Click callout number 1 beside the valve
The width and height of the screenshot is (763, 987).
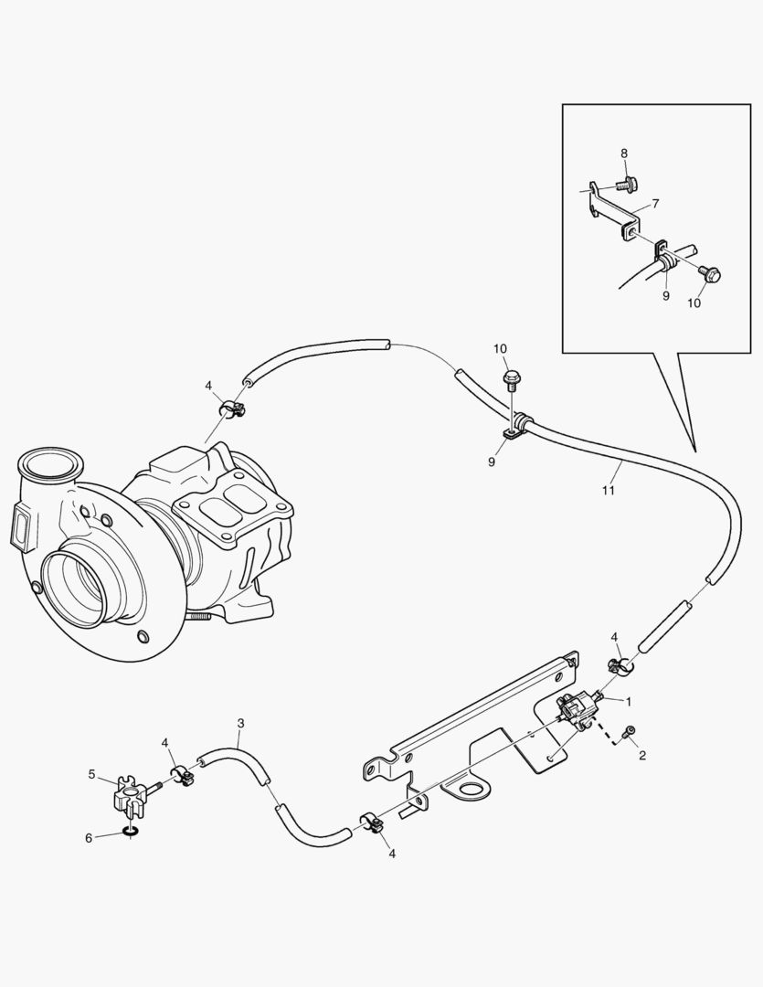pyautogui.click(x=629, y=700)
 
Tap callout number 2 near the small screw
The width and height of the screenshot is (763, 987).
pyautogui.click(x=642, y=755)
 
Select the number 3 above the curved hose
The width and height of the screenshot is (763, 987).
pyautogui.click(x=240, y=723)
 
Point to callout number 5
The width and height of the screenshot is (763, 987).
pyautogui.click(x=91, y=774)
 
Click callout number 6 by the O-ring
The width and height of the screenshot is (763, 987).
pyautogui.click(x=89, y=837)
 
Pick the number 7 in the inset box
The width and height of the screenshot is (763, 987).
pyautogui.click(x=653, y=203)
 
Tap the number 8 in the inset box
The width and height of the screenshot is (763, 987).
pyautogui.click(x=624, y=154)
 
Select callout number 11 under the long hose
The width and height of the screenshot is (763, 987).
pyautogui.click(x=609, y=491)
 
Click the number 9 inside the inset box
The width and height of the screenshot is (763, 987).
pyautogui.click(x=666, y=295)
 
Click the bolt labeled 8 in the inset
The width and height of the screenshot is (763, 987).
pyautogui.click(x=625, y=186)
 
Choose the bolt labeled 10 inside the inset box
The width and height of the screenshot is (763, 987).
pyautogui.click(x=712, y=273)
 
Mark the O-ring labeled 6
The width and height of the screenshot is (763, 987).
pyautogui.click(x=130, y=832)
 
